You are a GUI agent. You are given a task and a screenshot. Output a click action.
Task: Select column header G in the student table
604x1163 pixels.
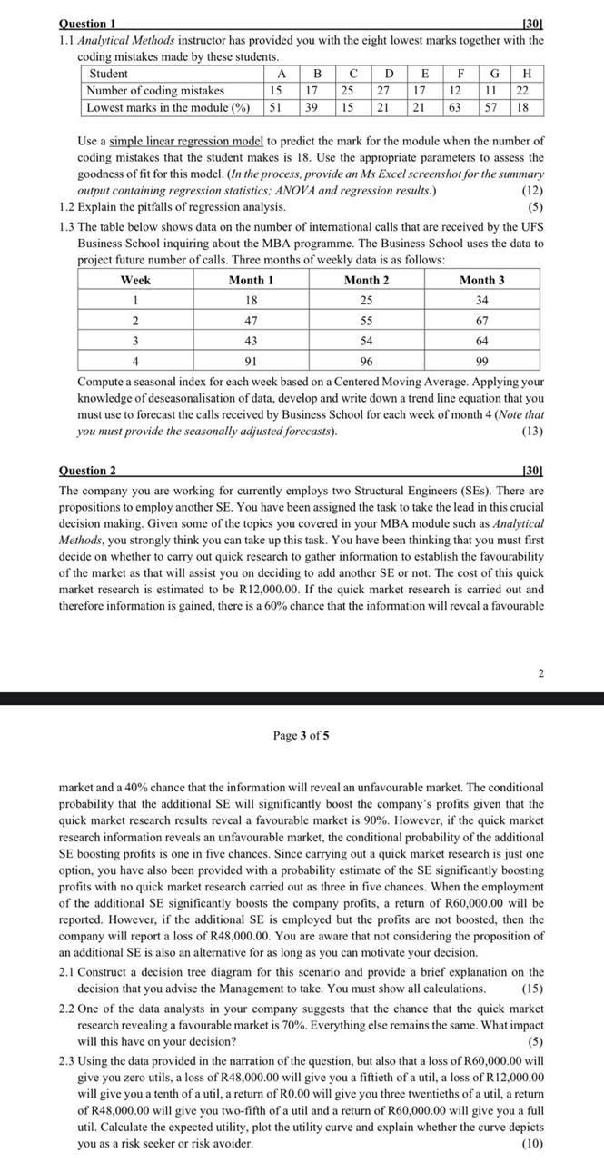494,74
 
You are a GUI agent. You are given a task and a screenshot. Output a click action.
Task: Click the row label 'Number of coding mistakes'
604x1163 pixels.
154,91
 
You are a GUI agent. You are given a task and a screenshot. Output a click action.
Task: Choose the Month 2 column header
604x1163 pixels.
366,281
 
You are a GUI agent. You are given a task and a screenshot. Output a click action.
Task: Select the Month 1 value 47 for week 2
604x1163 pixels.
252,321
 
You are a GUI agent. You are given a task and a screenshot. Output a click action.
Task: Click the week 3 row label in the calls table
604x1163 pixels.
135,341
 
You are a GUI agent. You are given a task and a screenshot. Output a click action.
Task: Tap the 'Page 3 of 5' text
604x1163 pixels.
301,735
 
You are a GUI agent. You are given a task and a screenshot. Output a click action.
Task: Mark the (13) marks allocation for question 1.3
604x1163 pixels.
533,431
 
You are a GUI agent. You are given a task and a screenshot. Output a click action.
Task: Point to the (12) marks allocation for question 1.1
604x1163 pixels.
533,191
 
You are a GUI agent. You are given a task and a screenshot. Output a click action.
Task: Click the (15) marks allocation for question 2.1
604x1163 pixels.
533,989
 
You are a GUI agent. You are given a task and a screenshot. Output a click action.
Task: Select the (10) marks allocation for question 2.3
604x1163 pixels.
533,1143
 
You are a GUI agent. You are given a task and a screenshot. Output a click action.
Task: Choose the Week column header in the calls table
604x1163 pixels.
135,281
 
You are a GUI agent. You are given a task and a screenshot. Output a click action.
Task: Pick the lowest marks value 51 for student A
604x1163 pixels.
282,107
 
